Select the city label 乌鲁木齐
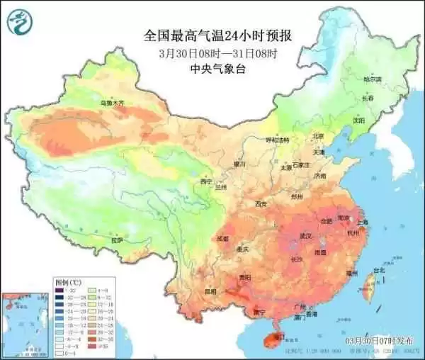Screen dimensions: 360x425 click(x=111, y=103)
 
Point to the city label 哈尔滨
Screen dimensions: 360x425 click(x=373, y=79)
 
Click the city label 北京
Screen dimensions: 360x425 click(x=318, y=136)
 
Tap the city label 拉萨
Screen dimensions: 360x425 click(x=117, y=240)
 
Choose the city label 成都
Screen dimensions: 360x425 click(x=224, y=238)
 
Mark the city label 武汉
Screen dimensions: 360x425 click(x=307, y=235)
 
